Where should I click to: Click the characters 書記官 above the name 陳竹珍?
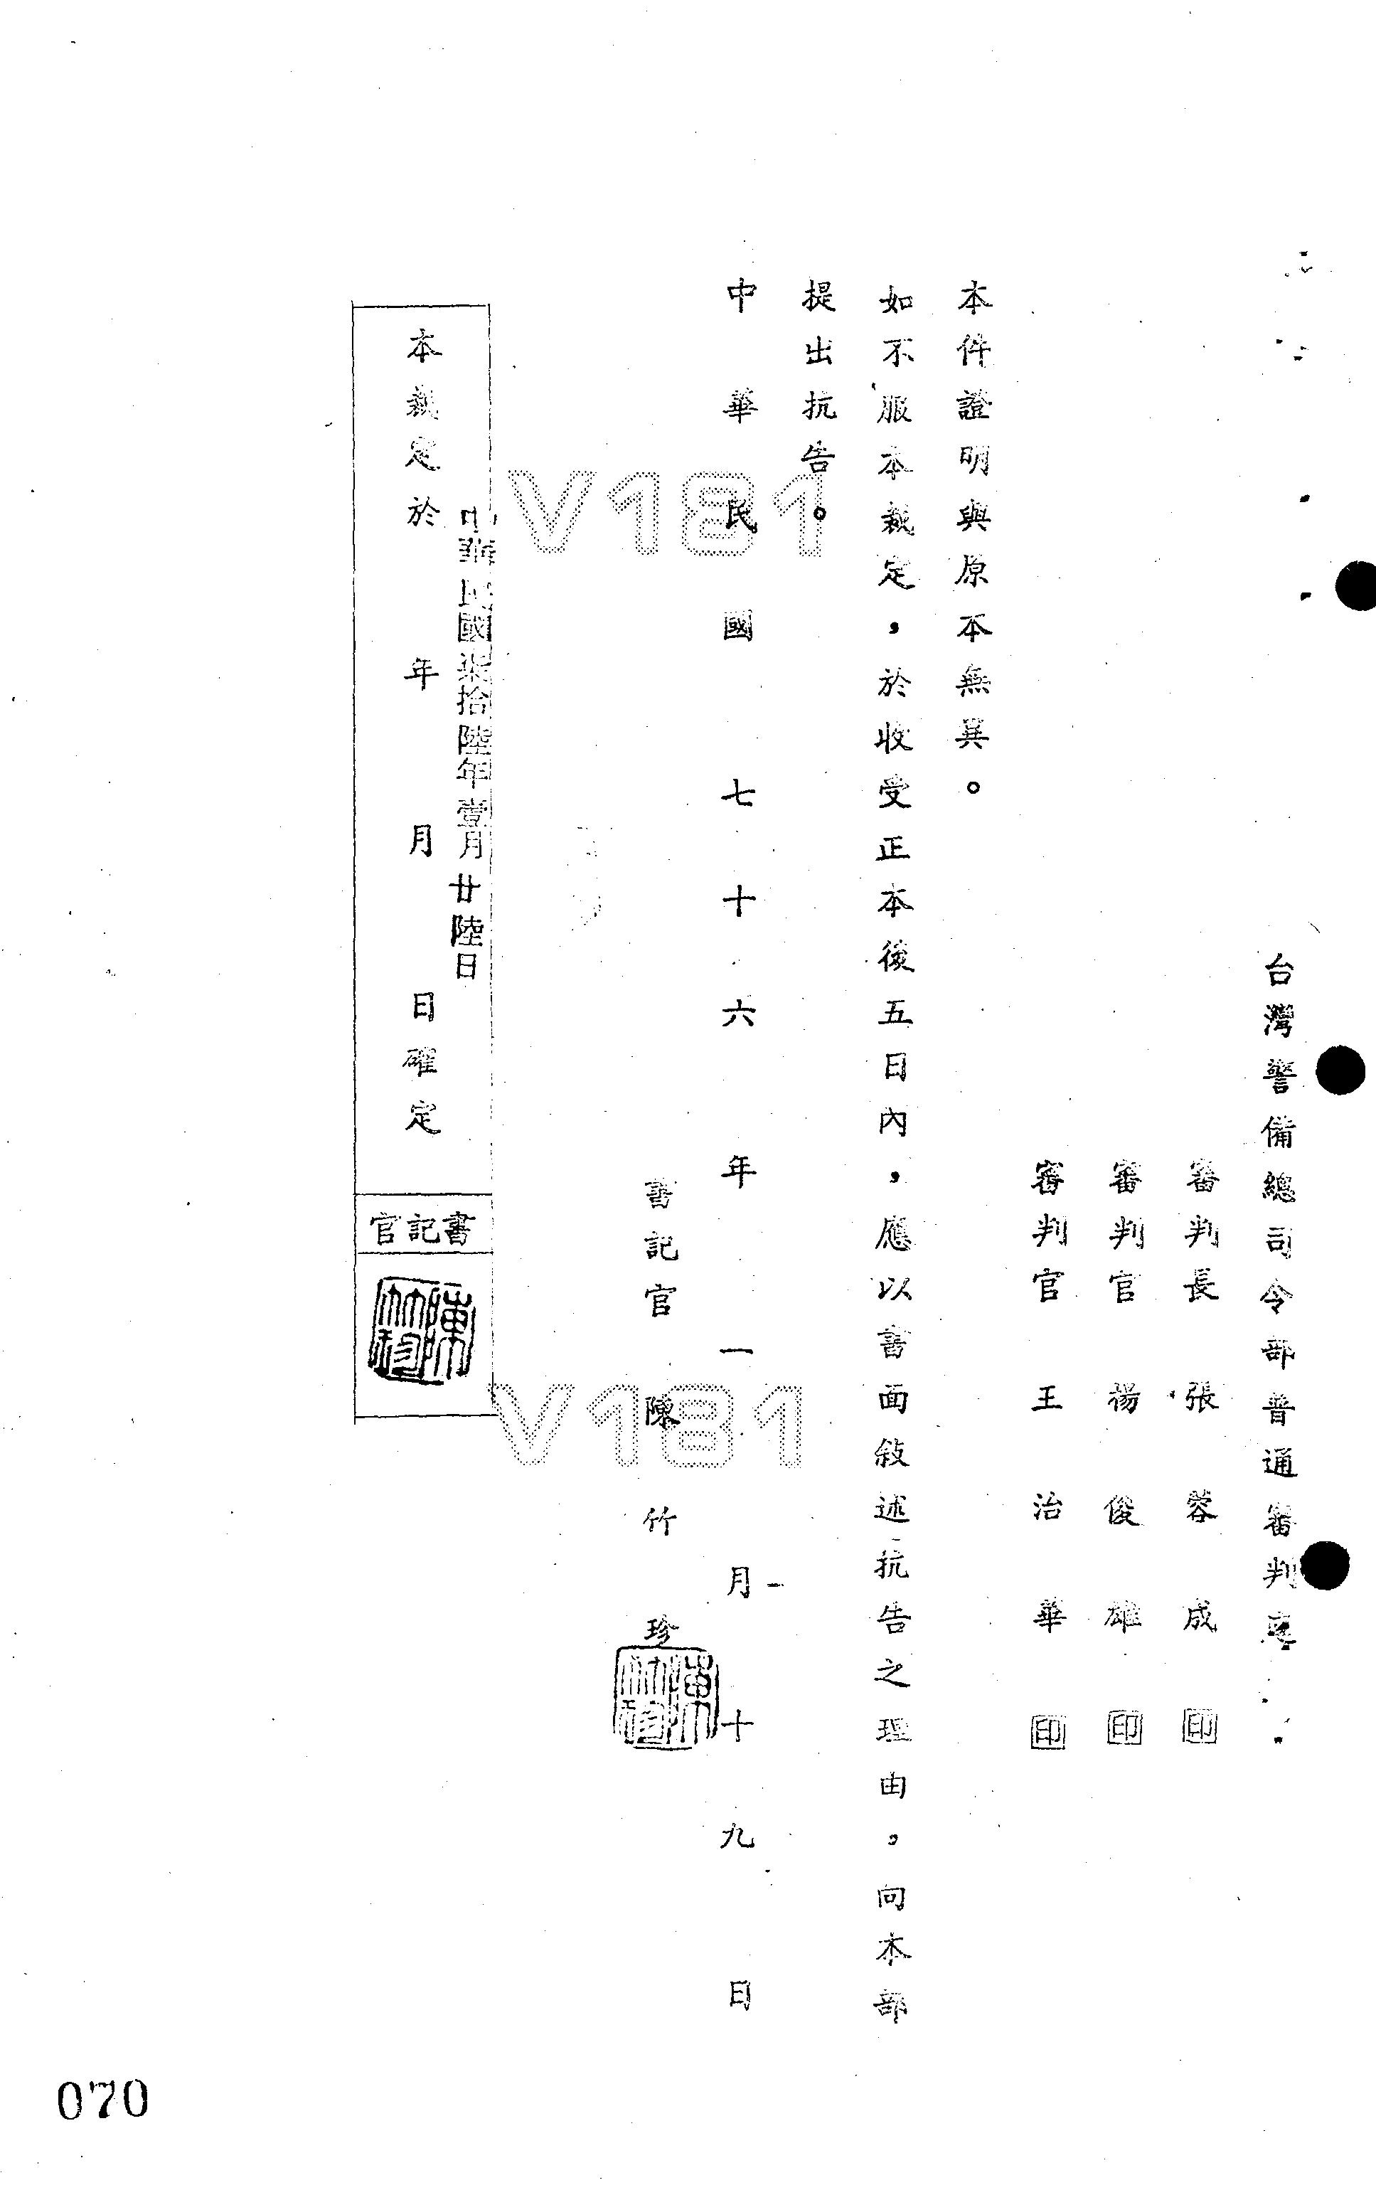(x=661, y=1248)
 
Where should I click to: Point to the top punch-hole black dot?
(x=1358, y=587)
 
